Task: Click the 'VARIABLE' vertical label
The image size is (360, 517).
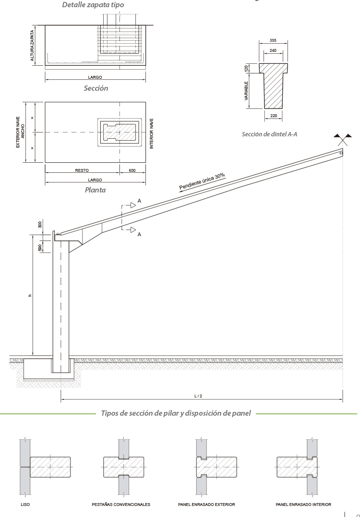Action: coord(246,91)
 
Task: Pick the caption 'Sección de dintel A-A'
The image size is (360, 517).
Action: coord(269,134)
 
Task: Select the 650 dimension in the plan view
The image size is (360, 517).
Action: coord(132,170)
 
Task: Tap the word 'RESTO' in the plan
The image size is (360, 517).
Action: coord(82,170)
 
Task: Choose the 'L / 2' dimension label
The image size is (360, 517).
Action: coord(198,396)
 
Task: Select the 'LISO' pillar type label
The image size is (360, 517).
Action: coord(25,505)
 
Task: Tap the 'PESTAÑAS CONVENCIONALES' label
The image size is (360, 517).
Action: coord(121,505)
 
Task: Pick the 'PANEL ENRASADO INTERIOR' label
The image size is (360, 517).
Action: coord(303,505)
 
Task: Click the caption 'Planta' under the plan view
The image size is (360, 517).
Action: coord(95,190)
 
